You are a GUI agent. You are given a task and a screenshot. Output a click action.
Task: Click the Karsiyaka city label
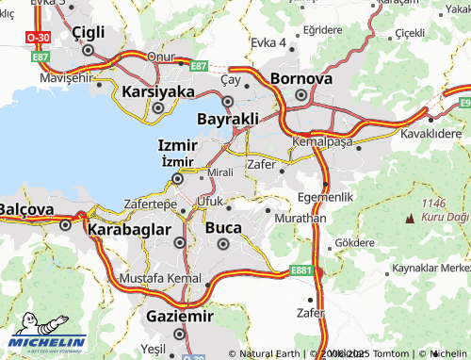157,91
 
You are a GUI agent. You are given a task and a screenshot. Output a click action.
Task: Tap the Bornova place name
300,78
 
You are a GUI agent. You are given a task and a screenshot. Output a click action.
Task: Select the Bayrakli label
227,120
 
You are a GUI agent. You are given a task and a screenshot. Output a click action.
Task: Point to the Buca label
223,226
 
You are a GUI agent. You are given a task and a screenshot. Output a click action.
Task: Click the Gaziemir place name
179,317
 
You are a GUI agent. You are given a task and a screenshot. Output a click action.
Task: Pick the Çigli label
90,34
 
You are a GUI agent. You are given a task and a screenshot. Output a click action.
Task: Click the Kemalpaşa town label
321,140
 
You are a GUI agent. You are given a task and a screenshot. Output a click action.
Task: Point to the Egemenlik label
324,196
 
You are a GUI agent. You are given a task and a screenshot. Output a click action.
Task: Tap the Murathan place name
300,217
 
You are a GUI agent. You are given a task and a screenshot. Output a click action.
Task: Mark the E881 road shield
301,270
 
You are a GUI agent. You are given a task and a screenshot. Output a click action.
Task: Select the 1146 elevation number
433,203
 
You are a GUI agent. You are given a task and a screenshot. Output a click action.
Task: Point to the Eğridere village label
324,30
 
